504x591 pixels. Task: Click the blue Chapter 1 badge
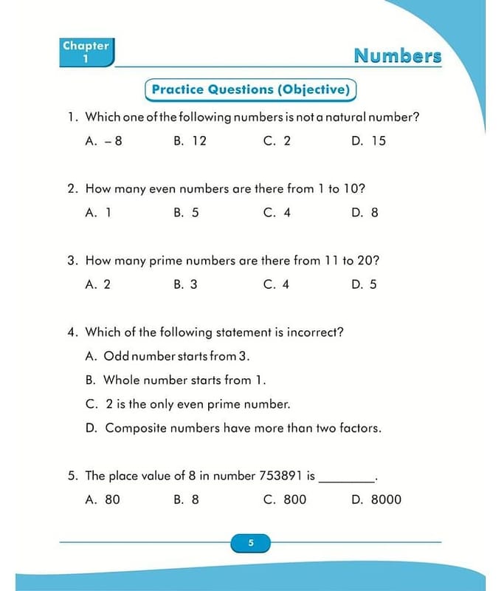[x=86, y=52]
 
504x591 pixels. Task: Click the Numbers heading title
[x=397, y=56]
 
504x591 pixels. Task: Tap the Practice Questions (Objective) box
[x=249, y=90]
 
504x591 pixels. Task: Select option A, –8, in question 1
[x=104, y=140]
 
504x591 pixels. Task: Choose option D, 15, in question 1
[x=369, y=140]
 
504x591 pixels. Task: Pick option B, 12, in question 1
[x=190, y=140]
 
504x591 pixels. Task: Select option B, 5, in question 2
[x=187, y=212]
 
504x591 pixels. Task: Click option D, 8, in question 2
[x=365, y=212]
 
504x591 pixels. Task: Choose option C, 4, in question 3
[x=277, y=284]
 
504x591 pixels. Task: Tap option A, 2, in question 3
[x=98, y=284]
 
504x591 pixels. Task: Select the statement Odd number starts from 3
[x=176, y=356]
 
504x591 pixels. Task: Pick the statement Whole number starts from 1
[x=184, y=380]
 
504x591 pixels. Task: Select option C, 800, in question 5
[x=285, y=499]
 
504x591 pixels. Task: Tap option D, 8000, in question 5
[x=377, y=499]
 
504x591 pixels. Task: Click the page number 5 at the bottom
[x=251, y=544]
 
